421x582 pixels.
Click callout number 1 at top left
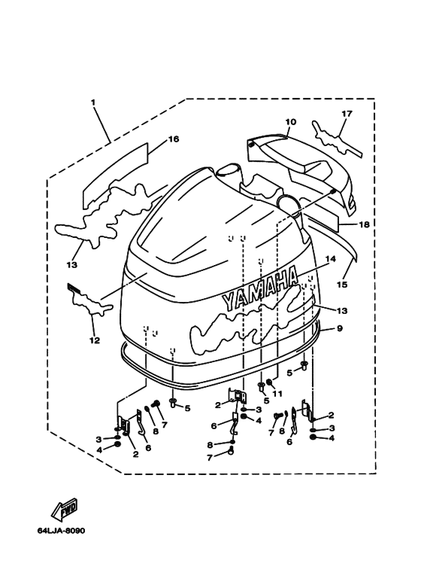point(93,102)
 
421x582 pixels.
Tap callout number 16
point(174,139)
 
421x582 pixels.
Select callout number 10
point(291,122)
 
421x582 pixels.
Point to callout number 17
point(347,114)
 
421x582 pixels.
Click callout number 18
point(365,224)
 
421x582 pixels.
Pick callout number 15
point(342,285)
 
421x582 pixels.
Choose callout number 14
point(331,259)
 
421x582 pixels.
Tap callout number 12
point(95,340)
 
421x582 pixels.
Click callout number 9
point(340,328)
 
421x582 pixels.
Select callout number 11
point(277,394)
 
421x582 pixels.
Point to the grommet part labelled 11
point(268,382)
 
